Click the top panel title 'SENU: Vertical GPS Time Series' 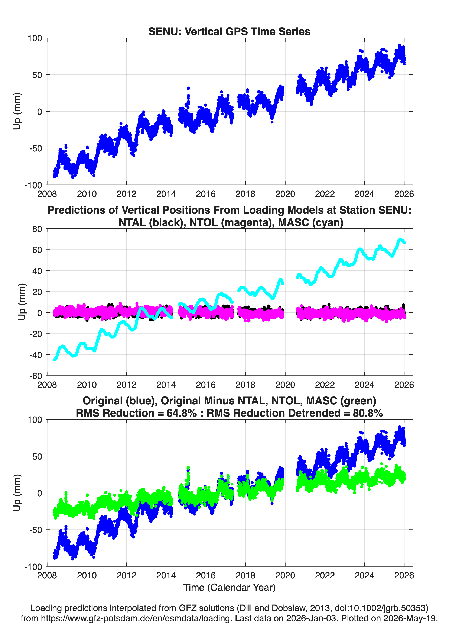point(229,31)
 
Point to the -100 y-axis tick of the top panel point(33,185)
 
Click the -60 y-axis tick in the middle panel point(36,376)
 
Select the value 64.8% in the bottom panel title point(182,413)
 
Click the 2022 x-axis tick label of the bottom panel point(325,575)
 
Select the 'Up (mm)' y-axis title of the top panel point(17,111)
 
